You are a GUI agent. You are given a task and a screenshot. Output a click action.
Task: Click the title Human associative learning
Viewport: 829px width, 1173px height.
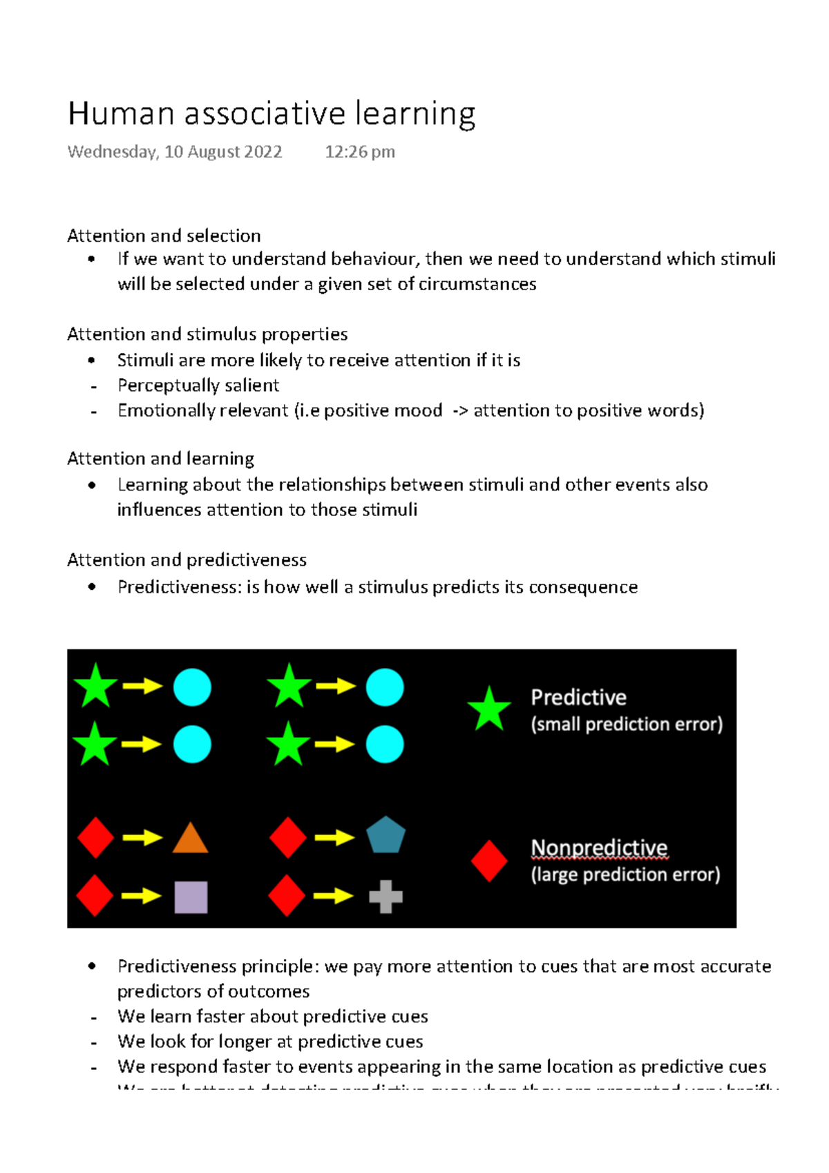click(271, 114)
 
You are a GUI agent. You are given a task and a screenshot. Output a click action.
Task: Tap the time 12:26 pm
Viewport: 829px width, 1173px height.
click(360, 152)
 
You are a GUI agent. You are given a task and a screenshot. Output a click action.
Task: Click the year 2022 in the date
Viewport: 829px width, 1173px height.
click(263, 152)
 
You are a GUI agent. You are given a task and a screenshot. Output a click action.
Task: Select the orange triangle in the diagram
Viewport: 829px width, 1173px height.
click(190, 839)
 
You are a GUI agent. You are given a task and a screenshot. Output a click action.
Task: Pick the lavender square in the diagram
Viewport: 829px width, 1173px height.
click(191, 897)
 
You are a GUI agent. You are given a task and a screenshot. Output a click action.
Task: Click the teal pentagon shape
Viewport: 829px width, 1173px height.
click(385, 835)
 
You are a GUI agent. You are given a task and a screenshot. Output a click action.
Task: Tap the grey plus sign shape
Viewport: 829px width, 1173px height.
click(385, 897)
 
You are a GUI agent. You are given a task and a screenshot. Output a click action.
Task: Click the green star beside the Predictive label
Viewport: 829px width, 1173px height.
click(489, 709)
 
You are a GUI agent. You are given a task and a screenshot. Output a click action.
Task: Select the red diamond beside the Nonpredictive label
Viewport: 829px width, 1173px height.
click(489, 861)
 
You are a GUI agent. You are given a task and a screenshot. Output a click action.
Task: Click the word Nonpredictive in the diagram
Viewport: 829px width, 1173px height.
click(599, 848)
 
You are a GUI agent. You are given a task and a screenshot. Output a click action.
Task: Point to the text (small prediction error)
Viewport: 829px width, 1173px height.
click(627, 724)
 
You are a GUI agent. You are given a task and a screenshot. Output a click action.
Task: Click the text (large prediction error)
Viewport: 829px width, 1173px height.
click(625, 875)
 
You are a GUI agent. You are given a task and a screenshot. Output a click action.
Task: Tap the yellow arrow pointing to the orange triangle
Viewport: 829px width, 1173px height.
click(142, 838)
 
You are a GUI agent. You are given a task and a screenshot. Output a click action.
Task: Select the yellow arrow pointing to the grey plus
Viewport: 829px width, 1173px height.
click(334, 896)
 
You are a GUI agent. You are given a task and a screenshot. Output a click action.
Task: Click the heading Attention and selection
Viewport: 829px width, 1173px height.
click(164, 236)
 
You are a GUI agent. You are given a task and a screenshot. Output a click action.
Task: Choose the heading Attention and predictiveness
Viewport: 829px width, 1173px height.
click(187, 560)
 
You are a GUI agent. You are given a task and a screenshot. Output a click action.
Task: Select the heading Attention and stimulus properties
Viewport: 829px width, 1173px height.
click(207, 334)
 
